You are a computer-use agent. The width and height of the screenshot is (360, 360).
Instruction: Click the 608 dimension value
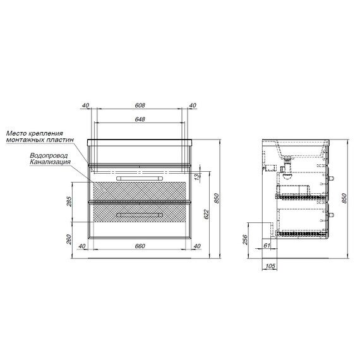pos(140,105)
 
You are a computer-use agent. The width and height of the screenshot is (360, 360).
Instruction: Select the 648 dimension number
pos(140,119)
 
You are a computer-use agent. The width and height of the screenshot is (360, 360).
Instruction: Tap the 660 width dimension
pos(140,246)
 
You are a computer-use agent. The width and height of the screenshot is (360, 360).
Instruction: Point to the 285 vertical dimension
pos(69,201)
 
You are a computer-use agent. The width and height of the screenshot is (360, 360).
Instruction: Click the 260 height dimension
pos(69,239)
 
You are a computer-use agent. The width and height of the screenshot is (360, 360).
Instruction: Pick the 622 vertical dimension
pos(207,215)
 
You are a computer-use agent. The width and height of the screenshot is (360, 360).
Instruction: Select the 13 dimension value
pos(197,177)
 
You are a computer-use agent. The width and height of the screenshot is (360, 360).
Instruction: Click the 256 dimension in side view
pos(245,240)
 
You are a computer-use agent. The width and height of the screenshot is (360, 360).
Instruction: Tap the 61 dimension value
pos(267,246)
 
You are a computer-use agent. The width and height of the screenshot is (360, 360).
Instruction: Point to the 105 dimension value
pos(270,267)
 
